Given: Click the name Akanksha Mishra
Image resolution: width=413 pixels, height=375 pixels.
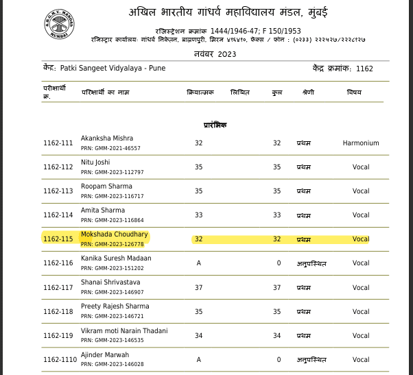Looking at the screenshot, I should click(x=107, y=138).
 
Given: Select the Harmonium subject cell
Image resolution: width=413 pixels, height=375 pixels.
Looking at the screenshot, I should click(x=361, y=143).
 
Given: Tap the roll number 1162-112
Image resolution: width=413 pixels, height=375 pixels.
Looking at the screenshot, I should click(x=58, y=167).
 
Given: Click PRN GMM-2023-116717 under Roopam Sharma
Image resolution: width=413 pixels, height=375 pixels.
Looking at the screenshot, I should click(x=112, y=196).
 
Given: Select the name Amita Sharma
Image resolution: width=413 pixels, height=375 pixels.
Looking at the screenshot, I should click(x=103, y=210).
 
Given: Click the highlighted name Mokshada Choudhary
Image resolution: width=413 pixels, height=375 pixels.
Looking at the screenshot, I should click(x=115, y=234).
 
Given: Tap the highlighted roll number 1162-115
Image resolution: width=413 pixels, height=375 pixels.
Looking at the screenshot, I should click(x=58, y=239).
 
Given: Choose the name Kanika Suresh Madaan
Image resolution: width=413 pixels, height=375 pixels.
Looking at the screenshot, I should click(x=116, y=258).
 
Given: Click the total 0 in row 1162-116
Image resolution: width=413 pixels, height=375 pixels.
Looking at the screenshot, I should click(x=279, y=263).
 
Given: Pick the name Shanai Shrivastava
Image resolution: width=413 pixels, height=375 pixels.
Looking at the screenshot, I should click(x=110, y=282).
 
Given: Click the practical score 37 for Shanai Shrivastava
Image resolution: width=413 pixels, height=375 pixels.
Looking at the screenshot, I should click(x=198, y=287).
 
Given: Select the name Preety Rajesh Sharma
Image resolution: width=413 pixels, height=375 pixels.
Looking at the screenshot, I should click(x=115, y=306).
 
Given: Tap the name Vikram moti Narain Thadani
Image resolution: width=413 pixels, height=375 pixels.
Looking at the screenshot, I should click(x=124, y=330).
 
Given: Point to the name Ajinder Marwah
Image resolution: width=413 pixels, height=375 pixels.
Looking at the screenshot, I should click(x=105, y=354).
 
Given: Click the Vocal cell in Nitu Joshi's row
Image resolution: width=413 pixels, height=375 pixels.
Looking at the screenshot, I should click(x=361, y=167).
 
